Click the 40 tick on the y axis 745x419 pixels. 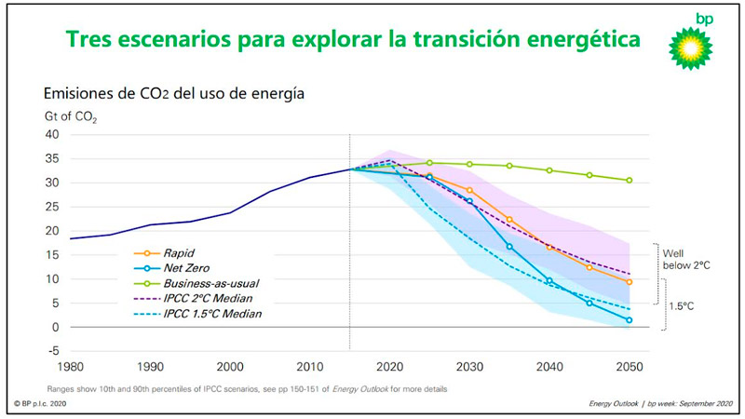(51, 134)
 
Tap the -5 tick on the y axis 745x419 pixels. (52, 351)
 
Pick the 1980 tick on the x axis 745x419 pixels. (70, 367)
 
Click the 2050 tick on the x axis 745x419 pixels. (630, 367)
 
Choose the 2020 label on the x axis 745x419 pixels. (390, 367)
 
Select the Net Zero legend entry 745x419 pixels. (187, 266)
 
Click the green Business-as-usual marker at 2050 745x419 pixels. (630, 180)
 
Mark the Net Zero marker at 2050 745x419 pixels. (630, 320)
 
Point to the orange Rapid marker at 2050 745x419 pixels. (630, 281)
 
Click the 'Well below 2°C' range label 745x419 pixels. (686, 259)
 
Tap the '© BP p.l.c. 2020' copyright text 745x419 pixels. (42, 404)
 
